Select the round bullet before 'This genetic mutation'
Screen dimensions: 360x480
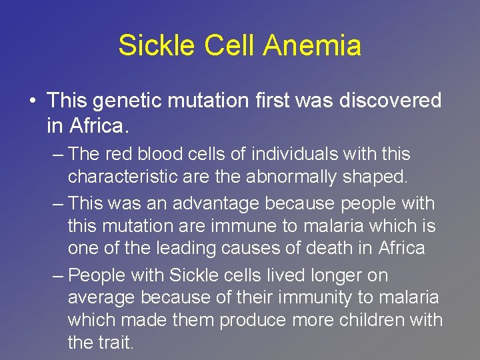click(33, 101)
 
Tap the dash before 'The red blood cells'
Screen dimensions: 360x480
click(59, 155)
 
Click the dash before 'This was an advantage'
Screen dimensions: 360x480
click(59, 203)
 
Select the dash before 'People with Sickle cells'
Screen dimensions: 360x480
click(59, 275)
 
